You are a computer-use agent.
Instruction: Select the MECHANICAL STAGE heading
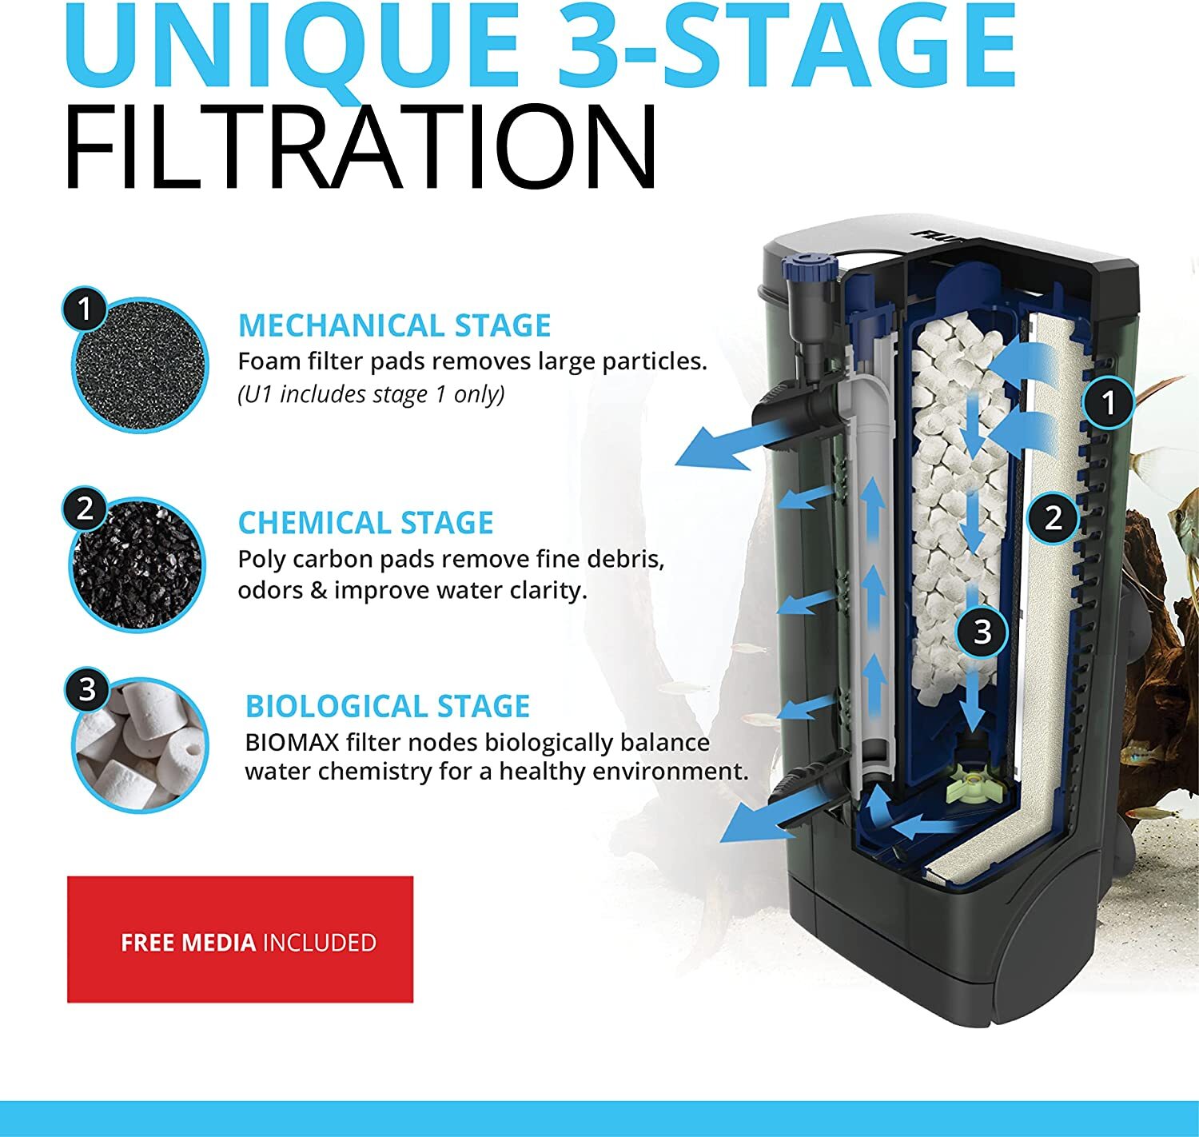tap(394, 325)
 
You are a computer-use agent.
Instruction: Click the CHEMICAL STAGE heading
tap(365, 523)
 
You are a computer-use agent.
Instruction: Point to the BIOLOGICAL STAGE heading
tap(387, 706)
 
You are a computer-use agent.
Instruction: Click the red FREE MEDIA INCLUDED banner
tap(240, 940)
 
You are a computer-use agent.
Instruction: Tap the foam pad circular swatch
tap(140, 366)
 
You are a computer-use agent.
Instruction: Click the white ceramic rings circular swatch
tap(140, 745)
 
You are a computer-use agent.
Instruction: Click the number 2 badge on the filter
tap(1054, 517)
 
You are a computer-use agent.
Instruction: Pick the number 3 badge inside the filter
tap(982, 632)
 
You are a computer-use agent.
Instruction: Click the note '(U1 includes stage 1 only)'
tap(371, 394)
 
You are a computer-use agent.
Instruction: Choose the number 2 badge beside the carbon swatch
tap(85, 509)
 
